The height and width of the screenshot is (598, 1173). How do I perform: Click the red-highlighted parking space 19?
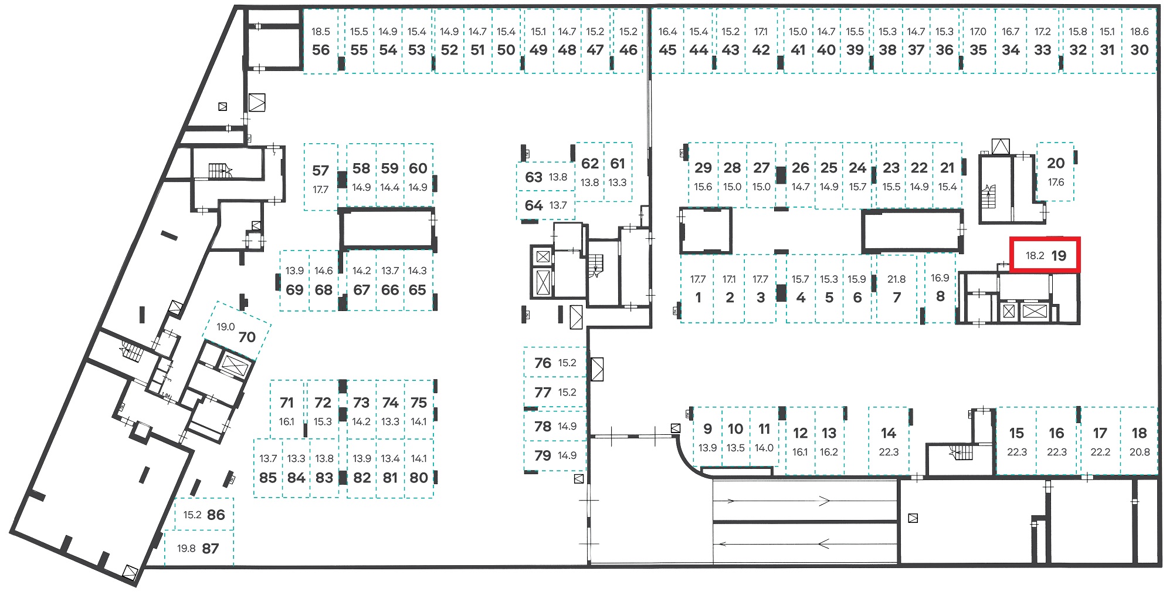tap(1045, 255)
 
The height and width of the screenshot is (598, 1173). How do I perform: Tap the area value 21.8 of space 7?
tap(896, 279)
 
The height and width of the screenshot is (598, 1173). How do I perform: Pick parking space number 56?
tap(321, 41)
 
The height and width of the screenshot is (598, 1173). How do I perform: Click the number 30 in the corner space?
tap(1139, 50)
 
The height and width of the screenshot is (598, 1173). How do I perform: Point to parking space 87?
tap(199, 548)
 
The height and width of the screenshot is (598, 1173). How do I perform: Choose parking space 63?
tap(546, 177)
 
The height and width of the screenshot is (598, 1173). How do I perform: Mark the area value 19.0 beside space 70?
tap(225, 327)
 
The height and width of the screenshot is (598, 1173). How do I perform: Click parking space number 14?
tap(889, 441)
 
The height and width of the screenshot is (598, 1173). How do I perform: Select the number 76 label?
tap(543, 363)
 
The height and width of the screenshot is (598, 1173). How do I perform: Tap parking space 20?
tap(1056, 171)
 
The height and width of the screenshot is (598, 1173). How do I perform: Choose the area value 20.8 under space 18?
tap(1139, 452)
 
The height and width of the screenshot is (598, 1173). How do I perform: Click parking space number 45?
tap(667, 41)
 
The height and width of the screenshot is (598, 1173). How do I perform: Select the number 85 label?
tap(268, 478)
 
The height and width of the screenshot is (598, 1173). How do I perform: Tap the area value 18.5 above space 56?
tap(321, 32)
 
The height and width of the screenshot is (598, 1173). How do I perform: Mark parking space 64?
tap(546, 205)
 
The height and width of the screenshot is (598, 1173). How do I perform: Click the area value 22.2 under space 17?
tap(1100, 452)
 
